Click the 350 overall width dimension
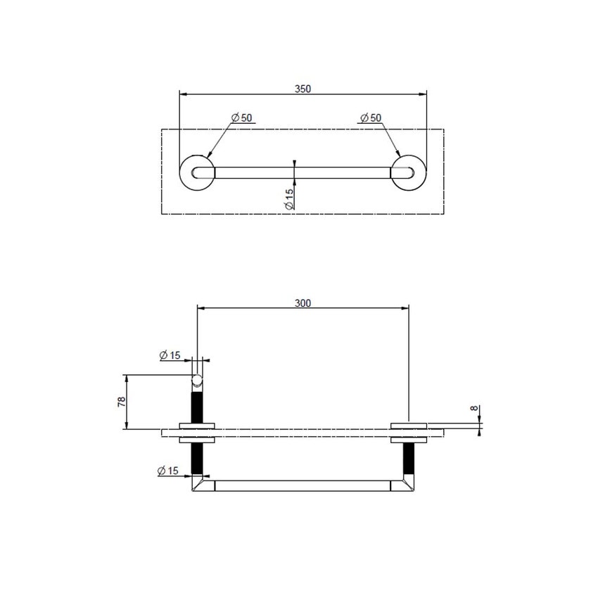pos(303,89)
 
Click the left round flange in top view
pos(197,172)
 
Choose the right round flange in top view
pos(409,172)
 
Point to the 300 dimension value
pos(303,303)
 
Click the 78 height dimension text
pos(121,402)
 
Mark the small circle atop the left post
pos(198,381)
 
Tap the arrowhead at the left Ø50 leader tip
pos(208,155)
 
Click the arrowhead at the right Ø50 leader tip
pos(398,155)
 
